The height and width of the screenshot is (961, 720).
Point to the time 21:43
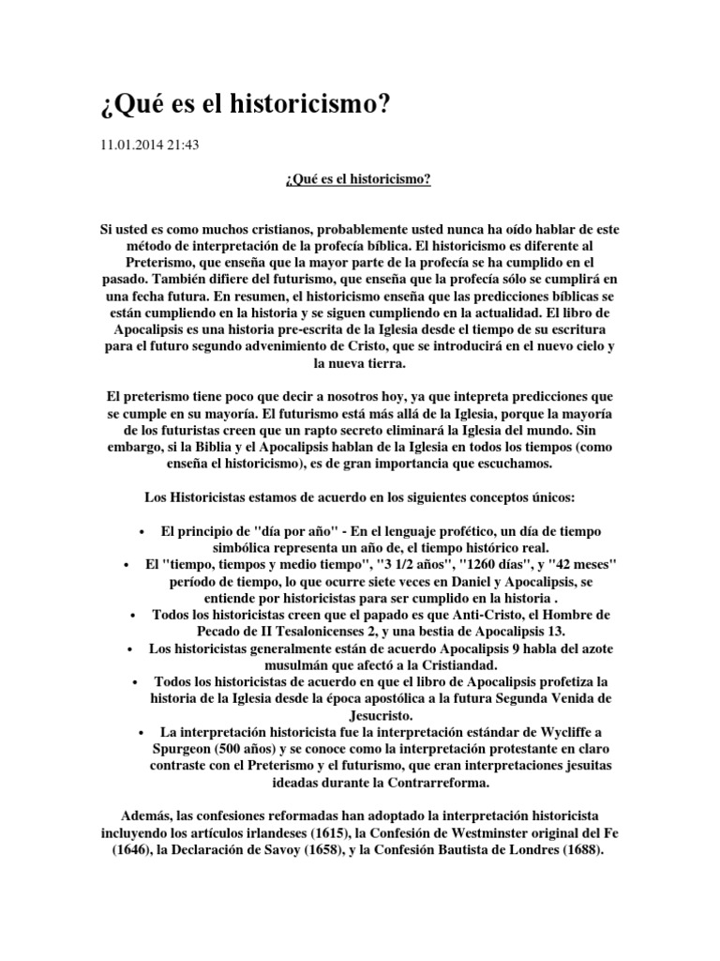pos(184,145)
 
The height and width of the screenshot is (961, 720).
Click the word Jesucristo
pos(360,716)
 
